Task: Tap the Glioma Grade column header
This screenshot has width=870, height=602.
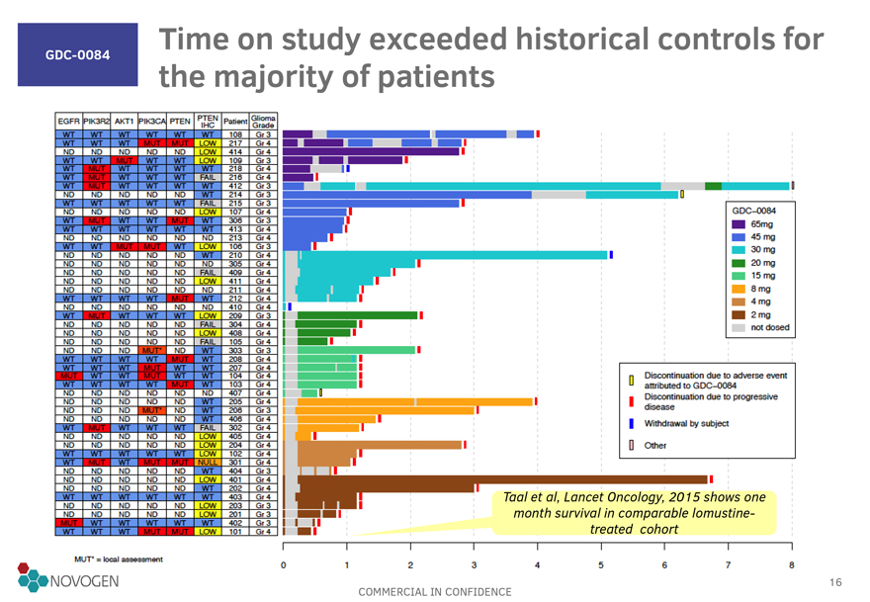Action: click(x=263, y=121)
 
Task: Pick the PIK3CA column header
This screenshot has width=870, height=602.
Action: click(x=153, y=122)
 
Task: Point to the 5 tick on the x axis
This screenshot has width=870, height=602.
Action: click(x=601, y=564)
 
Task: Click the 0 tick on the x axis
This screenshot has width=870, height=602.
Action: click(x=284, y=564)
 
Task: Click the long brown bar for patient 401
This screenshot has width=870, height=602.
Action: click(x=494, y=479)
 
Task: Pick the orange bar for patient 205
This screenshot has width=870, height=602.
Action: click(x=415, y=401)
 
